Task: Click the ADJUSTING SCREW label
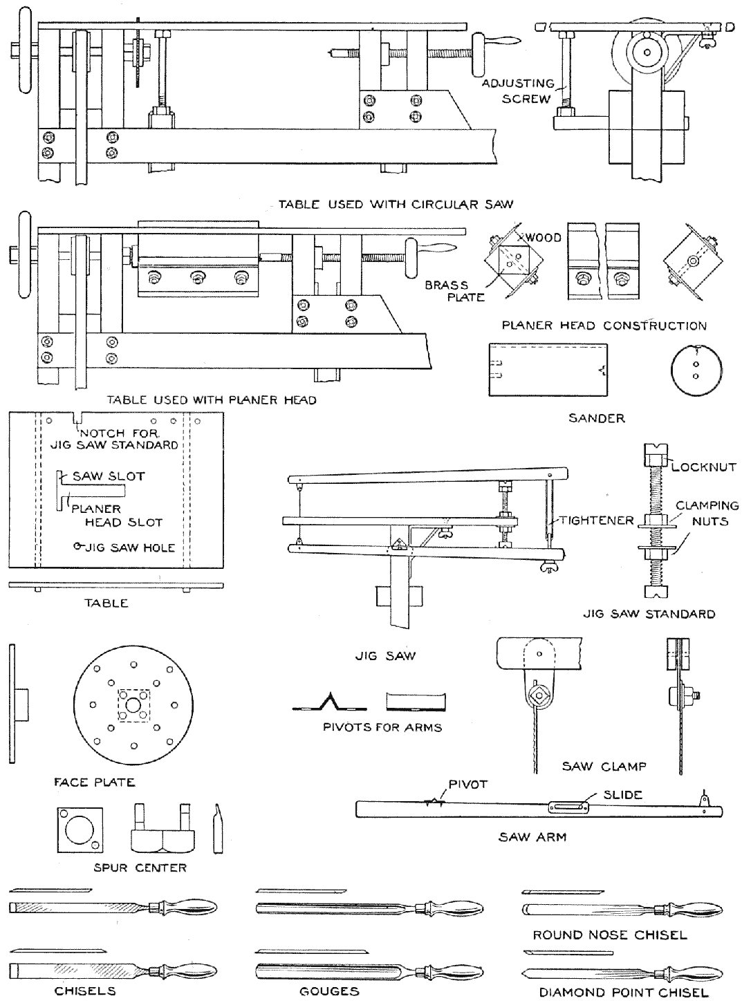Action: point(517,91)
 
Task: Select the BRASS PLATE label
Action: point(447,291)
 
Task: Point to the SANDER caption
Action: point(596,418)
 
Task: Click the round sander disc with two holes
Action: point(695,368)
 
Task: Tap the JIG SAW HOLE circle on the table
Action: point(78,546)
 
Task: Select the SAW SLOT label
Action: point(109,476)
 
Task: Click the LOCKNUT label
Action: point(703,467)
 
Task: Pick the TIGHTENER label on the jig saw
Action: point(596,520)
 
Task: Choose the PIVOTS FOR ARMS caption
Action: point(382,727)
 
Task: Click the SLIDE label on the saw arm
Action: point(623,794)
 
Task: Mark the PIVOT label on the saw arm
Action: point(468,785)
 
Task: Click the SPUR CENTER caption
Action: point(140,868)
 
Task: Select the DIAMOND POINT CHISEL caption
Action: point(624,993)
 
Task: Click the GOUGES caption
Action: point(329,991)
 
